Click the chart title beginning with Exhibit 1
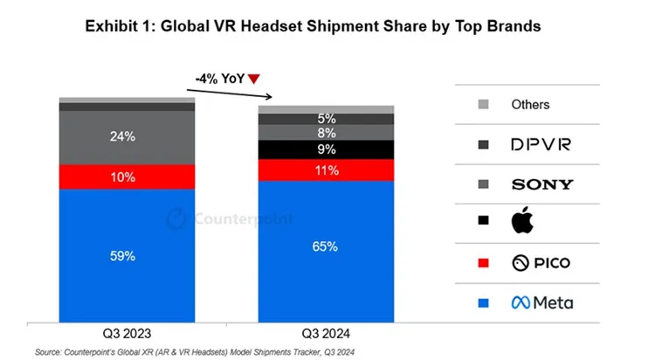coord(313,26)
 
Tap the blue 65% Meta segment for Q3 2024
coord(326,247)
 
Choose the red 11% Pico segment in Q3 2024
coord(326,170)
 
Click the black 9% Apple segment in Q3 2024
coord(326,149)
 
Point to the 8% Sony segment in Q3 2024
coord(326,133)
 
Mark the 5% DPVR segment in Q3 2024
coord(326,119)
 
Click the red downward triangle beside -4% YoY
coord(254,80)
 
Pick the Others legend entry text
coord(530,105)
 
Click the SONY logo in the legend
coord(541,184)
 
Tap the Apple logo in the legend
coord(521,223)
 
